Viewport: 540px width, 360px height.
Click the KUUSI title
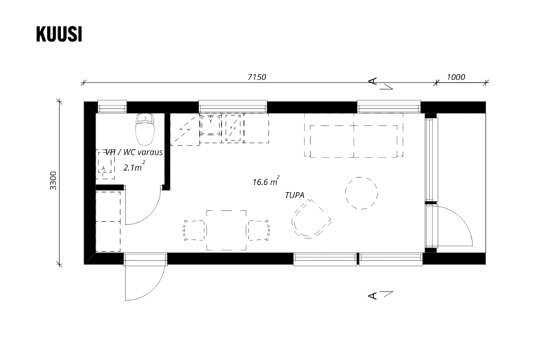click(59, 34)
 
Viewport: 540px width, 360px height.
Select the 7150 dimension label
click(257, 77)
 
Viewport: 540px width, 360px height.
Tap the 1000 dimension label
click(456, 77)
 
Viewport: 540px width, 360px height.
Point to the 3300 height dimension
click(53, 181)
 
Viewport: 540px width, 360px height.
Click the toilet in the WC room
click(145, 129)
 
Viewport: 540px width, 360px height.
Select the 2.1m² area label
click(134, 167)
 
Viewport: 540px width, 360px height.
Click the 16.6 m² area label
click(266, 181)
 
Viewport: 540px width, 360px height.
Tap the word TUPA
click(295, 195)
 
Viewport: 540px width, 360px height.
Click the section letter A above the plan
click(373, 82)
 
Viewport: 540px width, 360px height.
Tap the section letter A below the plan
click(373, 295)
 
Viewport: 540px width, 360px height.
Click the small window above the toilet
click(112, 107)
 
